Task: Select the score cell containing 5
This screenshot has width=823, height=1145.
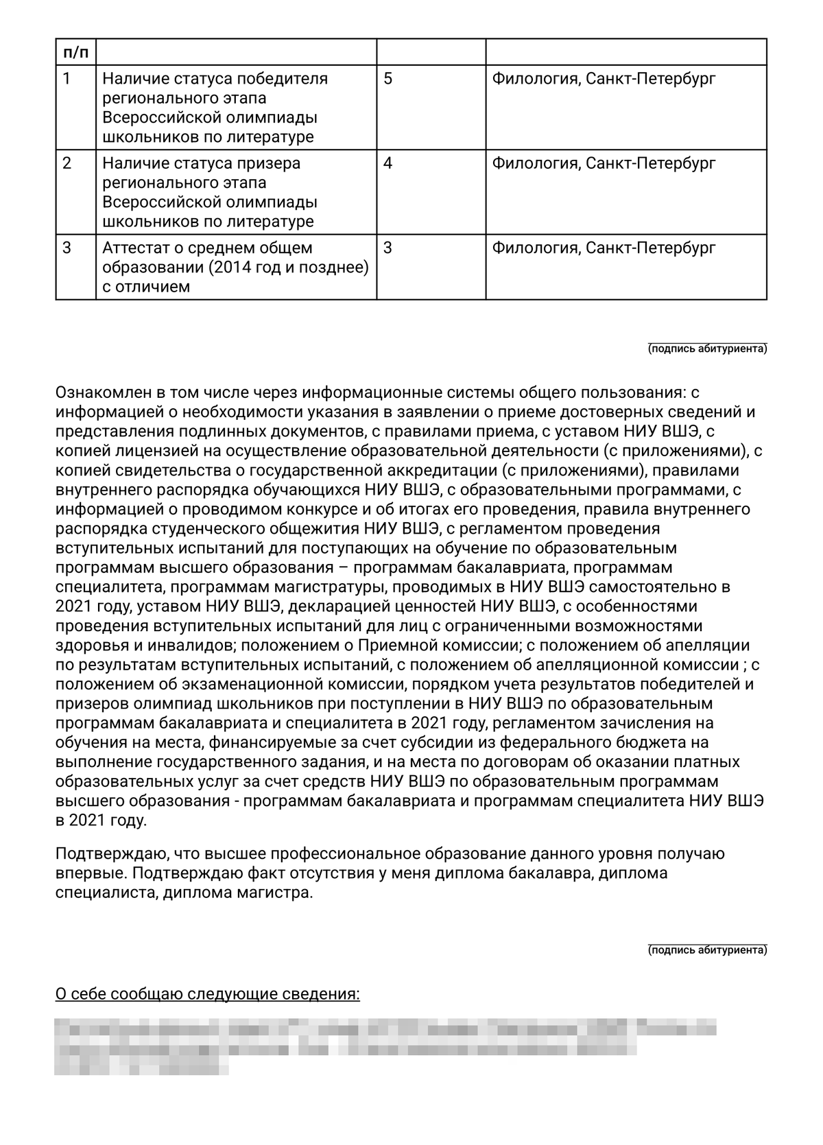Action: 388,79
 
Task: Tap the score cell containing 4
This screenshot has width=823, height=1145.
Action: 388,164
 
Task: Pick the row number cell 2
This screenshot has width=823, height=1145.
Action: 67,164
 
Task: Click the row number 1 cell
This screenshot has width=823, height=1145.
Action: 67,79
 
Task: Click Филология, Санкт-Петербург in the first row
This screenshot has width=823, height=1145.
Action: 604,79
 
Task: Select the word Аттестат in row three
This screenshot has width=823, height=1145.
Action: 136,248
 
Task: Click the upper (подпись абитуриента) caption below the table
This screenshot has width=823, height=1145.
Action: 707,349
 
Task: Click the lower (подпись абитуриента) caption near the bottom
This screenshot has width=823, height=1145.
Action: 707,950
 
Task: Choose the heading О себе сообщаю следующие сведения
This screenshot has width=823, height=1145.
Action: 207,994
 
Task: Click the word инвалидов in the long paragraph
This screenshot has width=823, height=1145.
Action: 195,646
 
